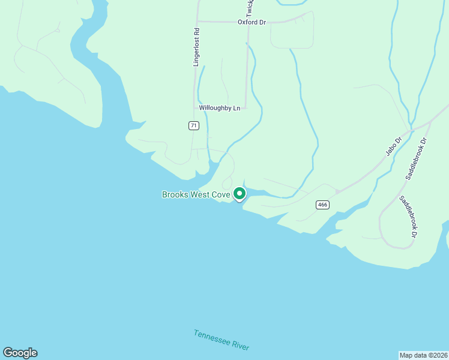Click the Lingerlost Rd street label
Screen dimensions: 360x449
point(196,46)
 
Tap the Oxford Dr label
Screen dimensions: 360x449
point(252,22)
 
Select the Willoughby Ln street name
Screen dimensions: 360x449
point(220,108)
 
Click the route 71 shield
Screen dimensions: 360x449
point(193,125)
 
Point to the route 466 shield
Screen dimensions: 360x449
point(322,205)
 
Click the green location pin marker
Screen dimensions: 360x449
point(239,194)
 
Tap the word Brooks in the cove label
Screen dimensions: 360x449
point(176,194)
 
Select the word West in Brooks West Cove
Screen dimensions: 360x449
point(200,194)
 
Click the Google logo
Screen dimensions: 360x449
point(20,353)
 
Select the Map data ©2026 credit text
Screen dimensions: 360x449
point(423,355)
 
